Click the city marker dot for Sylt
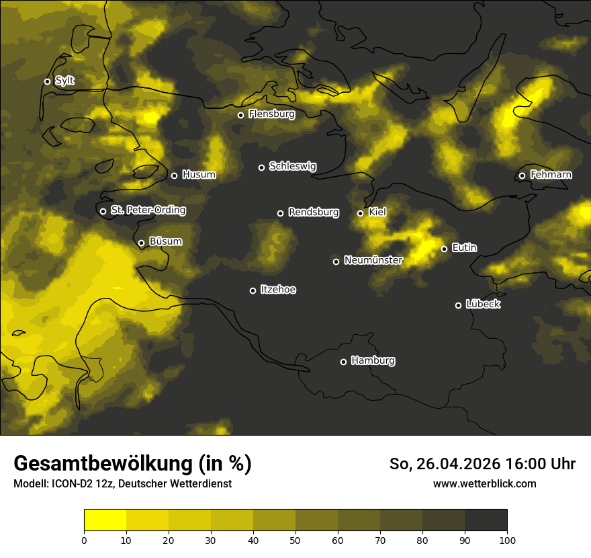click(48, 81)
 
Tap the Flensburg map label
click(271, 114)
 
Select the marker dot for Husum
click(174, 175)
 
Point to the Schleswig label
click(292, 166)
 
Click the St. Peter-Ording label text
click(148, 210)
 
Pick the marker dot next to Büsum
click(141, 243)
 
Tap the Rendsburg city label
click(313, 212)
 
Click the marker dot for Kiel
click(360, 213)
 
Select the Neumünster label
click(373, 260)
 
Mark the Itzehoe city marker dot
click(253, 290)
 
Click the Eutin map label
click(464, 248)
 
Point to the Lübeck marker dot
click(458, 305)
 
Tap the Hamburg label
click(373, 360)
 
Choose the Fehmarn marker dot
click(522, 176)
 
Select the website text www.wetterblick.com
click(484, 483)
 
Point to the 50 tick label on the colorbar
click(295, 540)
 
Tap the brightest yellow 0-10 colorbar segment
click(105, 520)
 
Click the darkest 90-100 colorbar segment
click(486, 520)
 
